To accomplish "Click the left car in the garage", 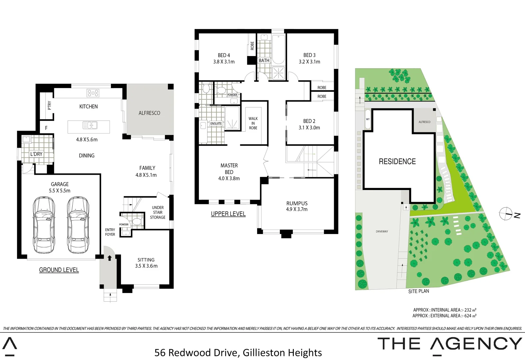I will coord(44,225).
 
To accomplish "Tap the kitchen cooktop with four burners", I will coord(93,93).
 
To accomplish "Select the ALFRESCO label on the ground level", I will coord(149,113).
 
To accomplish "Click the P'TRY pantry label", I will coord(50,105).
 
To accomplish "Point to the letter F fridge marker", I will coord(46,128).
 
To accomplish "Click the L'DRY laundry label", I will coord(36,154).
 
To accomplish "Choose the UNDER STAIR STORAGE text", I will coord(158,212).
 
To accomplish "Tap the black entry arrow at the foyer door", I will coord(109,258).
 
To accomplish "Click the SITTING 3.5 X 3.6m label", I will coord(146,263).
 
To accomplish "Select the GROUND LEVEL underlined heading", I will coord(59,270).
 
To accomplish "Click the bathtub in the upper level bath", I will coord(278,49).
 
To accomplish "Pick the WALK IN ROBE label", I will coord(253,123).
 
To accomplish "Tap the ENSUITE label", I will coord(216,124).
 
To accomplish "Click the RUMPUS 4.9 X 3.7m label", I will coord(297,206).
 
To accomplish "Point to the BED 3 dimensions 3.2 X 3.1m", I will coord(309,62).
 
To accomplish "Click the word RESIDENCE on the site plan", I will coord(397,162).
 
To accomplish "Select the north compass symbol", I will coord(506,214).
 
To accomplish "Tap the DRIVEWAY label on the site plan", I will coord(382,231).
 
